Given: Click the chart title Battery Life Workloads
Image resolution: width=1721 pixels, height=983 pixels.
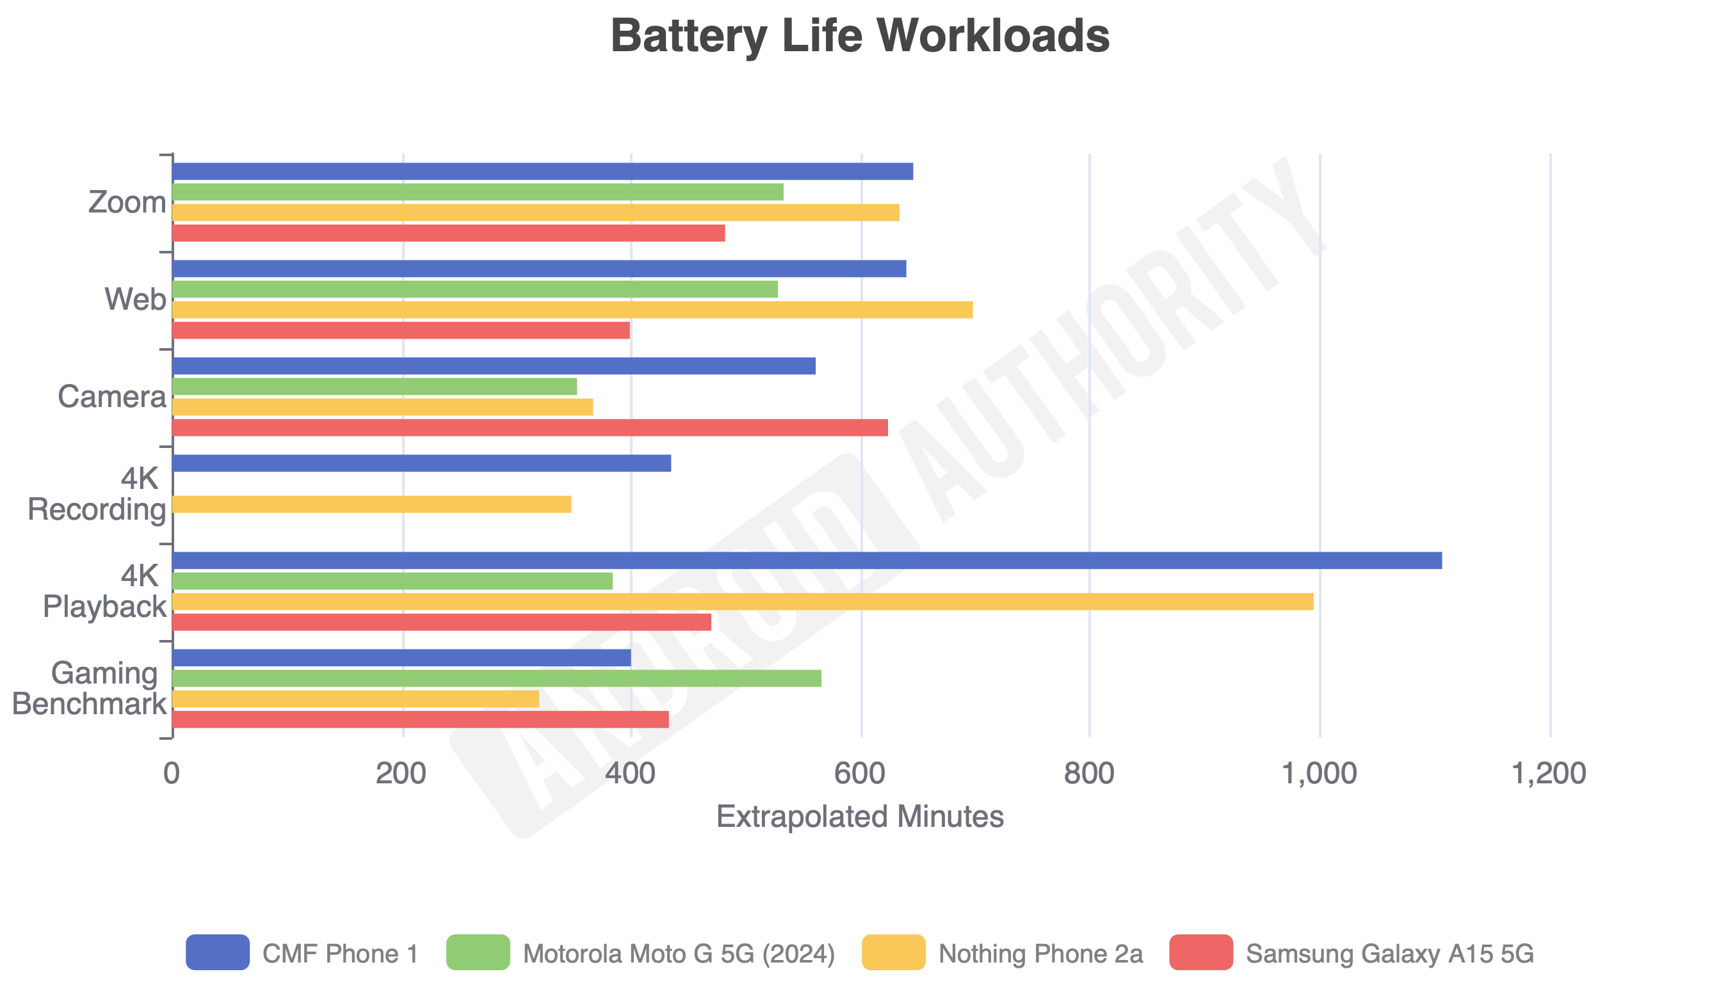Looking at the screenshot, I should point(860,35).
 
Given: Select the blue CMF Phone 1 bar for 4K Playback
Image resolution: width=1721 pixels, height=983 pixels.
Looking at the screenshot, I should point(807,561).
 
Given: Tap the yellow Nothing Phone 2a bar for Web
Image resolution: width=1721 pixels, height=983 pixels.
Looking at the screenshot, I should point(573,310).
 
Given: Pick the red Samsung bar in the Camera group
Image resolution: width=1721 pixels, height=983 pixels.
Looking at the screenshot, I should point(530,428).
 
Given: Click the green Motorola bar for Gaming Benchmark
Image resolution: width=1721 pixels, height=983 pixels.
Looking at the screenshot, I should point(497,678).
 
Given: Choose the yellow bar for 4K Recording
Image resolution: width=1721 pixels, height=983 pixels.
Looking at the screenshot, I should point(372,504).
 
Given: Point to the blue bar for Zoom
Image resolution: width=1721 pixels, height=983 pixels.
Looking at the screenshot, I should point(543,172).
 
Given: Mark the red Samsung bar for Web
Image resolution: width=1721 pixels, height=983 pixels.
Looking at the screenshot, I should point(401,330).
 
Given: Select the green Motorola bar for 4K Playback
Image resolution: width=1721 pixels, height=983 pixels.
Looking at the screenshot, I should point(392,580).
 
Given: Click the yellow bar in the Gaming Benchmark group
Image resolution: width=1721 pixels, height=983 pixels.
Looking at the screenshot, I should point(356,699).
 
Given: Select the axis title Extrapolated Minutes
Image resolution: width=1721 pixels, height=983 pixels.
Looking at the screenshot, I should point(860,817).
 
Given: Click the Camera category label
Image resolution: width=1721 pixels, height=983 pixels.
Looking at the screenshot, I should point(112,397).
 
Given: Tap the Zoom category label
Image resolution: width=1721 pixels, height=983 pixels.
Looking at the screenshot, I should point(127,202).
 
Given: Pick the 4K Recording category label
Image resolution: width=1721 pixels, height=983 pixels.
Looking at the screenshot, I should point(97,494).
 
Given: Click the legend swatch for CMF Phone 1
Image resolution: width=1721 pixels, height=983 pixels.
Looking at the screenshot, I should point(218,953).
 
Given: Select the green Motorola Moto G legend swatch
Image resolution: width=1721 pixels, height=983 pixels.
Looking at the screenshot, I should point(478,953).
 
